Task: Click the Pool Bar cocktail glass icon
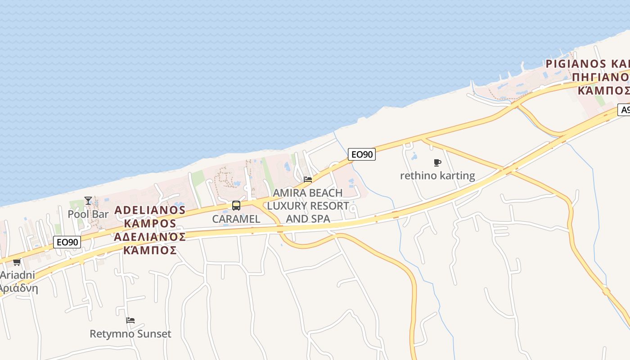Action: (88, 201)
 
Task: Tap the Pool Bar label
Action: (88, 214)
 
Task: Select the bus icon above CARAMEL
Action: (236, 206)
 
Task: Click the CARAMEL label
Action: (236, 219)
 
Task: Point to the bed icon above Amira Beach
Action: (308, 179)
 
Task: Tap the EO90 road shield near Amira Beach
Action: (362, 154)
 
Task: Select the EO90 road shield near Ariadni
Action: (67, 242)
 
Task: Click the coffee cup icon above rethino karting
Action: (437, 162)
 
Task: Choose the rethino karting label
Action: (437, 175)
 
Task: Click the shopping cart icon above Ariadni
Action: (17, 262)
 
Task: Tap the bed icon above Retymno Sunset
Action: (130, 320)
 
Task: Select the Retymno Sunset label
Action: (130, 334)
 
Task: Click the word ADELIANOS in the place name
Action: (150, 210)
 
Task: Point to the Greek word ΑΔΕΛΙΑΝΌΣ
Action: (150, 237)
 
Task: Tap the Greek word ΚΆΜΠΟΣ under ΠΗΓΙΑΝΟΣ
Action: (603, 91)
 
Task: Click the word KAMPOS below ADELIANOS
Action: (150, 223)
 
